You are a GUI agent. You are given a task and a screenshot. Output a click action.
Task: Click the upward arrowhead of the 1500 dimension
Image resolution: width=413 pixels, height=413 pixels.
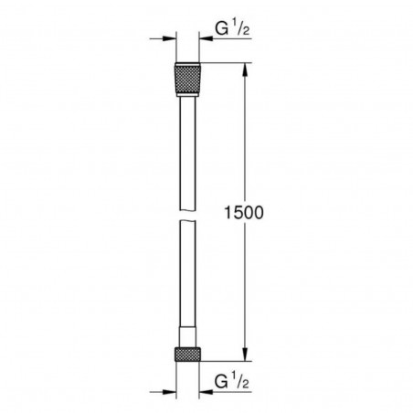pyautogui.click(x=245, y=69)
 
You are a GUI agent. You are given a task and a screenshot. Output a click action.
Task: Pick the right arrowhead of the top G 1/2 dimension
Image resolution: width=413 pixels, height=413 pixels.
pyautogui.click(x=199, y=39)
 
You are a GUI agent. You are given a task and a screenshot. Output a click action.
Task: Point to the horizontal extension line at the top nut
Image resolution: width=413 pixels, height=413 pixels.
pyautogui.click(x=224, y=63)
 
